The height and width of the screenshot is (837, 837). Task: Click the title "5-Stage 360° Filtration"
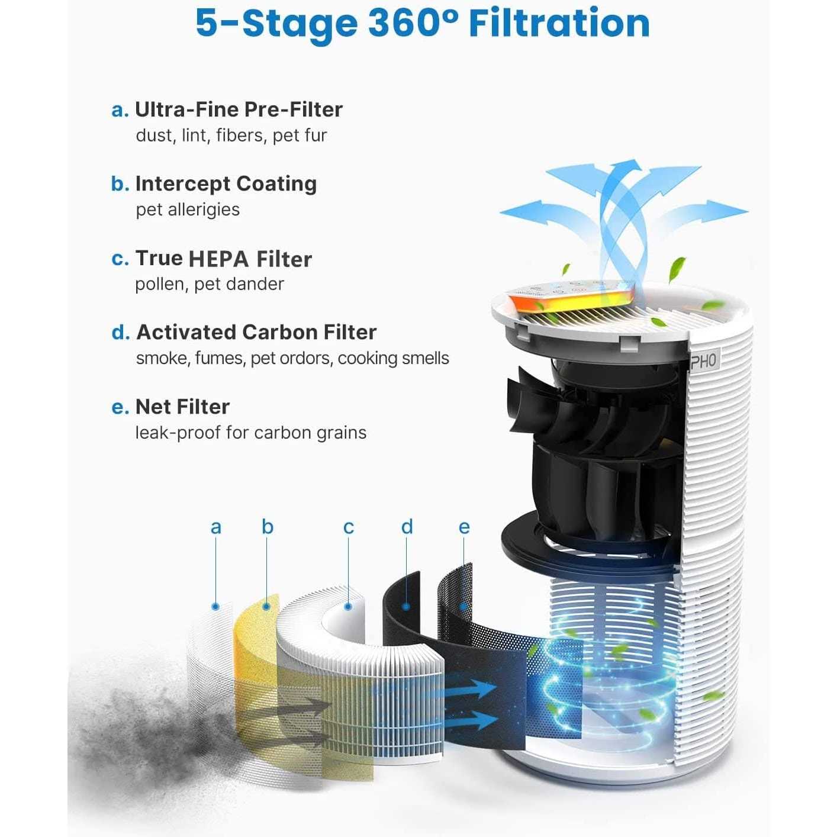pos(422,24)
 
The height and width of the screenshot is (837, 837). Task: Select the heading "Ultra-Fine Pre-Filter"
pos(239,110)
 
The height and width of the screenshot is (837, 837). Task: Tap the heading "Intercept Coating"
pos(226,184)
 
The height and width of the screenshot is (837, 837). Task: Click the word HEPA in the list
pos(218,259)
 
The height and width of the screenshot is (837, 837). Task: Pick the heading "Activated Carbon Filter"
pos(256,333)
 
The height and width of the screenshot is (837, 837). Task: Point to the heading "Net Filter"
pos(182,407)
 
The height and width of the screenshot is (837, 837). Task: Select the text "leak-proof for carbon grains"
pos(250,433)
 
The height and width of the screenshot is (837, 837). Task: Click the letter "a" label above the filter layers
pos(216,527)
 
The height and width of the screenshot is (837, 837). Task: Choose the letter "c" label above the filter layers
pos(349,527)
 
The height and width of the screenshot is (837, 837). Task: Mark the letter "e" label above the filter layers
pos(464,527)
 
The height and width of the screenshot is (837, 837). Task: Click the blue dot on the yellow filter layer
pos(267,606)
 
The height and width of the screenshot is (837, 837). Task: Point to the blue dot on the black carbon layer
pos(406,606)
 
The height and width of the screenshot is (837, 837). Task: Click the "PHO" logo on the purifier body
pos(703,361)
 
